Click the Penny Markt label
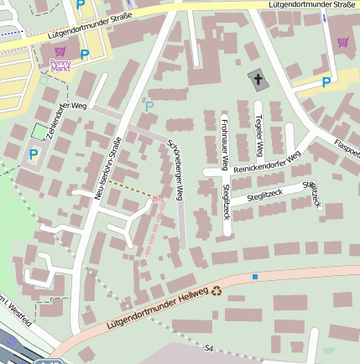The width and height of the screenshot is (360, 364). coord(60,65)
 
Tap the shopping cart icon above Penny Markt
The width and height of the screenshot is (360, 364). coord(60,52)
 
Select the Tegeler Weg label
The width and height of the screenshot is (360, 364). coord(259,135)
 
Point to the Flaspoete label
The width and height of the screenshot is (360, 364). coord(347,148)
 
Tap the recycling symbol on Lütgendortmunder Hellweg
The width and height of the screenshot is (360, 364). coord(217,291)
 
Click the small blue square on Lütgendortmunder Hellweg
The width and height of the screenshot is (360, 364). coord(254,276)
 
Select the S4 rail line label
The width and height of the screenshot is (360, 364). coord(209,347)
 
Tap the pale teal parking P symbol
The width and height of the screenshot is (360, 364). coord(149,107)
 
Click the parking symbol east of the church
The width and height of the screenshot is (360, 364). coord(326,81)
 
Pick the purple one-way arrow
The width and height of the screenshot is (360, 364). coord(325,18)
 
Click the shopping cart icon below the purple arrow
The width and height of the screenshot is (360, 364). coord(342,41)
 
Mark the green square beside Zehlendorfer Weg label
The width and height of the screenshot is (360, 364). coord(39,132)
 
